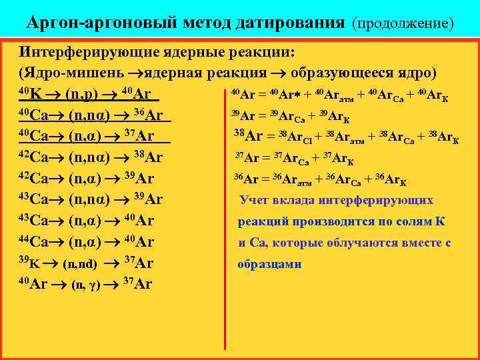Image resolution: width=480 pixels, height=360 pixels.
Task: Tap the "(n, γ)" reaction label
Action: coord(86,285)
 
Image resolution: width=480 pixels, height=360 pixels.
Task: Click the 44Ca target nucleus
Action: coord(33,241)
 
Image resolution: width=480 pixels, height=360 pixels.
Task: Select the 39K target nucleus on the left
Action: coord(29,263)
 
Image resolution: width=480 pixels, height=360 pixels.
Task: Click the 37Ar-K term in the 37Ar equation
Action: coord(338,160)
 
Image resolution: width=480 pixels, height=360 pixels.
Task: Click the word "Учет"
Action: coord(256,200)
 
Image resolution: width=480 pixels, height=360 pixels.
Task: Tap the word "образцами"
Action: coord(270,265)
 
